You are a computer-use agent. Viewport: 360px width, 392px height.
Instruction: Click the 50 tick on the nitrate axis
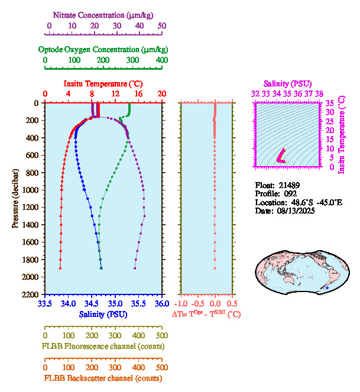(162, 26)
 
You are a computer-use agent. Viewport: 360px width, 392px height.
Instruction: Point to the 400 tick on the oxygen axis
(161, 60)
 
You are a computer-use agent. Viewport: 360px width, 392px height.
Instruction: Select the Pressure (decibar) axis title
(15, 198)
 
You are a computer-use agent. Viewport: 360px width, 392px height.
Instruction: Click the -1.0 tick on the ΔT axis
(184, 304)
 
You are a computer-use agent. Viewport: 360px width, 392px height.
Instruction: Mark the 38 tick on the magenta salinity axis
(319, 93)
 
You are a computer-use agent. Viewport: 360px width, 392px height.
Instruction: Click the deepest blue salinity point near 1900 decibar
(101, 268)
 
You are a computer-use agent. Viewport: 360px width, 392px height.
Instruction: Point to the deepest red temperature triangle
(60, 268)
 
